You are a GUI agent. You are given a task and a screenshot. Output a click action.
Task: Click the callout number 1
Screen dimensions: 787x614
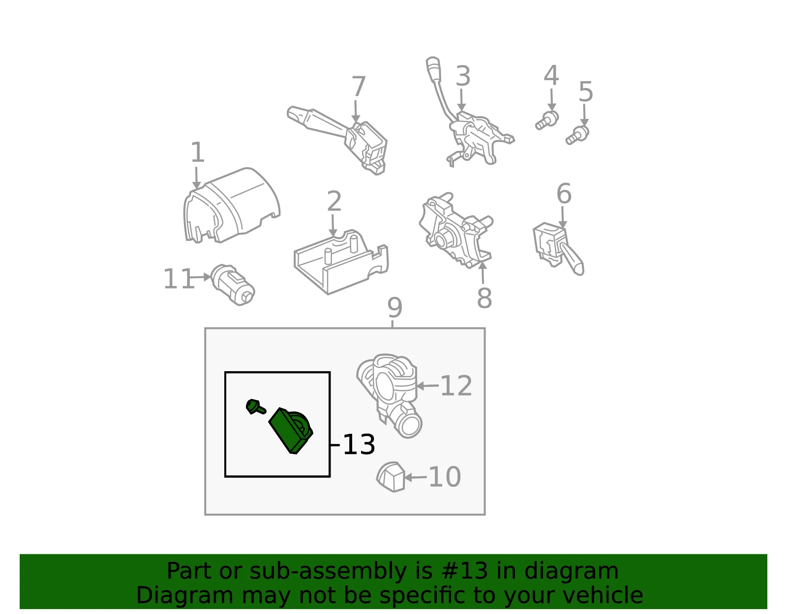pyautogui.click(x=197, y=152)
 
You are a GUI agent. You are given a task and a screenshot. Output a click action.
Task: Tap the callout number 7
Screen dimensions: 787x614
pyautogui.click(x=359, y=86)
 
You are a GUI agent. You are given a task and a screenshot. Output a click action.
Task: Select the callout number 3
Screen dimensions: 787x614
pyautogui.click(x=463, y=76)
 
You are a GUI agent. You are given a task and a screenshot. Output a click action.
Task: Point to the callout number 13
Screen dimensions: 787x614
pyautogui.click(x=359, y=444)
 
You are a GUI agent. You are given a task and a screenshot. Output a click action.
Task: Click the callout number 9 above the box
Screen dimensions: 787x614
pyautogui.click(x=395, y=308)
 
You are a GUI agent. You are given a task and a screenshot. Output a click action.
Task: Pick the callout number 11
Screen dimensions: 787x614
pyautogui.click(x=179, y=279)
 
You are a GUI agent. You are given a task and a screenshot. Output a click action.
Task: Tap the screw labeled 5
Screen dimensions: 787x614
pyautogui.click(x=577, y=135)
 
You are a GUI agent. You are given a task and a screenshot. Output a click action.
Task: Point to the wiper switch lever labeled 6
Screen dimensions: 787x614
pyautogui.click(x=558, y=248)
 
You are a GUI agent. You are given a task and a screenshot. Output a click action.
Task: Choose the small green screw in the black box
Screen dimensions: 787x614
pyautogui.click(x=256, y=407)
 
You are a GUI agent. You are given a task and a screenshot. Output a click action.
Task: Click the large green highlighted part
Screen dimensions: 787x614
pyautogui.click(x=291, y=431)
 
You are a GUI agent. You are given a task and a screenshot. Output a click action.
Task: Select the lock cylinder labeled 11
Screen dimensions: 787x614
pyautogui.click(x=233, y=285)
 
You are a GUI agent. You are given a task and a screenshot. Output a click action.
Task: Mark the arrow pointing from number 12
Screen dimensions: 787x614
pyautogui.click(x=427, y=386)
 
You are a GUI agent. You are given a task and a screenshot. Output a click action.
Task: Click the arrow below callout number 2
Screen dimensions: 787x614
pyautogui.click(x=333, y=225)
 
